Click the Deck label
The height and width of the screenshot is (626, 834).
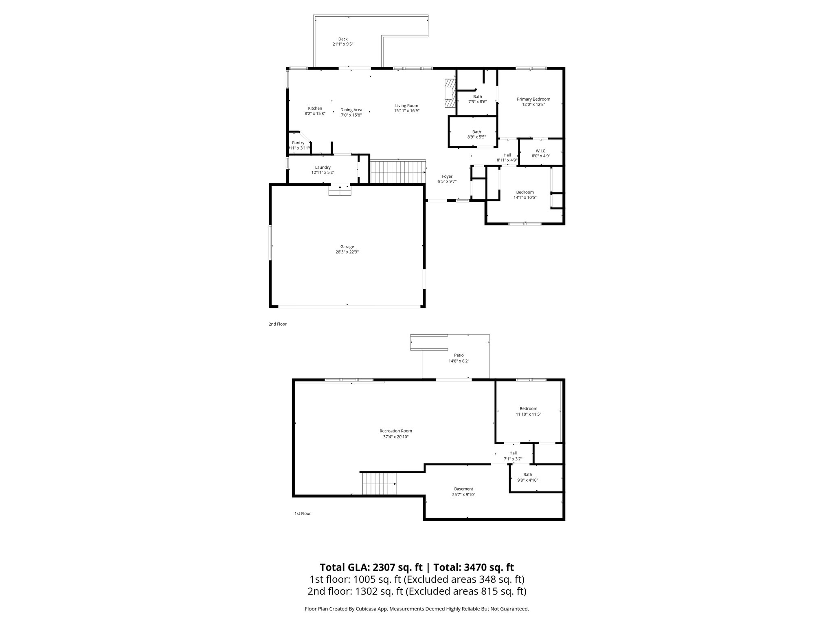(x=343, y=39)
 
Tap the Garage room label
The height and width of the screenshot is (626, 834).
(x=347, y=247)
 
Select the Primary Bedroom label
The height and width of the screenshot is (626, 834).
(x=533, y=99)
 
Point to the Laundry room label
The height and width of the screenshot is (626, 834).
(x=323, y=168)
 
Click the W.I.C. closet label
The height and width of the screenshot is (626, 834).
(x=541, y=151)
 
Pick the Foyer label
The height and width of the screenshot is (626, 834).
(x=447, y=176)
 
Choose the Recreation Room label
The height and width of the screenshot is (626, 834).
(x=395, y=431)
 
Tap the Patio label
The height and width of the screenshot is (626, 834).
(x=459, y=355)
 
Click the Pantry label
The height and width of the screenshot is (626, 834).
(x=298, y=143)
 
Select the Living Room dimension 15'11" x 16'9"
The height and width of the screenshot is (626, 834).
(x=406, y=111)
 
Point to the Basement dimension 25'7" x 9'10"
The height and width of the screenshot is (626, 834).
(x=463, y=495)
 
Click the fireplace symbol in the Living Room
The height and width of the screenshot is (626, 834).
(x=449, y=93)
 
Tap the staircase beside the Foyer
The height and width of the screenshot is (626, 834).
(x=397, y=172)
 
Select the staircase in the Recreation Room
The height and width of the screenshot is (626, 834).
(x=379, y=484)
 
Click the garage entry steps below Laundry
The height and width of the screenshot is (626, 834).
(x=340, y=190)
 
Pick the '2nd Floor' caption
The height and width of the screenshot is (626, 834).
(x=277, y=324)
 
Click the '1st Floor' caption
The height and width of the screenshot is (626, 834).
(x=302, y=514)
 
